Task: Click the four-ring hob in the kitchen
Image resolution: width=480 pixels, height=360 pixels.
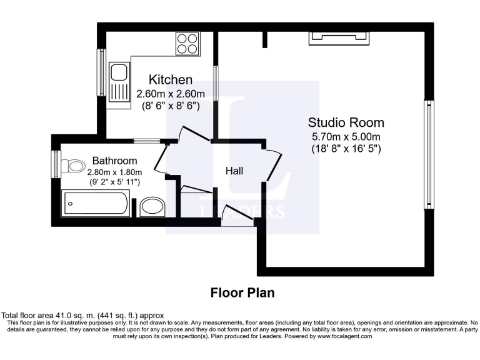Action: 187,43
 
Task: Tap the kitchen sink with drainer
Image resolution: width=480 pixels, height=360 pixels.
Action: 117,84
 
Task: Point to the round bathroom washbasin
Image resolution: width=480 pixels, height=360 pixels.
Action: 152,206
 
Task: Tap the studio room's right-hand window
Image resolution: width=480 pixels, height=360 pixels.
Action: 429,154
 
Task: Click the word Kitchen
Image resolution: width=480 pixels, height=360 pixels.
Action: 170,80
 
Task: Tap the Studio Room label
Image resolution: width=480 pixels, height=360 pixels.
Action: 346,122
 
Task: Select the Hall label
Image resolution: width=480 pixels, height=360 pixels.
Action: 234,171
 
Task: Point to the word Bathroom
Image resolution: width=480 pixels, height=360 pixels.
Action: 114,161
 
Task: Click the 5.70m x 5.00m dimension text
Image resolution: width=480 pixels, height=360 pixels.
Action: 346,136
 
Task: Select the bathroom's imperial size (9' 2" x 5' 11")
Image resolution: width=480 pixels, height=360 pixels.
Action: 114,181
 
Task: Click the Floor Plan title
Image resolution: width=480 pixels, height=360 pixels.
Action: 242,292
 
